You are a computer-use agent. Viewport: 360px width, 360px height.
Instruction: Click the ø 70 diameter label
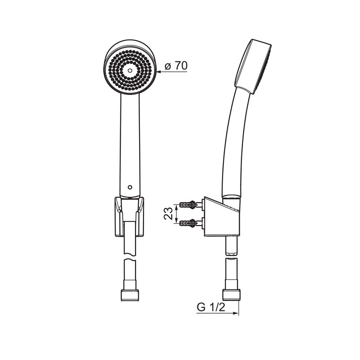(x=176, y=66)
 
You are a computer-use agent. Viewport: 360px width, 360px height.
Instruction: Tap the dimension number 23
(x=168, y=213)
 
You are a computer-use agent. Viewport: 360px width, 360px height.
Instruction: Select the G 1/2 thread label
(x=211, y=307)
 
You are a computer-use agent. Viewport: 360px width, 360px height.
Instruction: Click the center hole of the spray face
(x=130, y=70)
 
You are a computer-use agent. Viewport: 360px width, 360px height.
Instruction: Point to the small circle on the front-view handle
(x=130, y=187)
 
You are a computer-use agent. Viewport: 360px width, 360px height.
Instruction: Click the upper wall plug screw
(x=188, y=204)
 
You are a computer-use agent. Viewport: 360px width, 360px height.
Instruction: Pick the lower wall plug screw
(x=188, y=222)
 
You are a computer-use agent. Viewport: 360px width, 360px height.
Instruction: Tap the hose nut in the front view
(x=130, y=295)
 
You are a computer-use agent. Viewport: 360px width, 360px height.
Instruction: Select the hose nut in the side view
(x=231, y=295)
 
